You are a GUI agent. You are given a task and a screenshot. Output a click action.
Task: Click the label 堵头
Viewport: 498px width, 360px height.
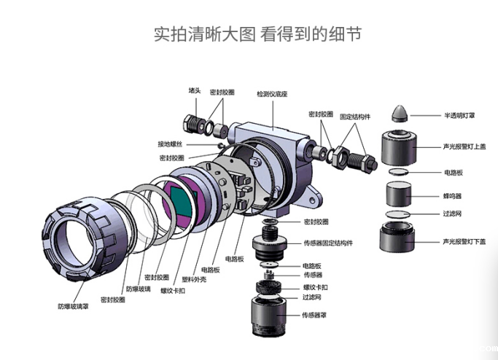[x=194, y=90]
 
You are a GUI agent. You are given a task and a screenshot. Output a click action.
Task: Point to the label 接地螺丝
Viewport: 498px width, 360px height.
[x=171, y=144]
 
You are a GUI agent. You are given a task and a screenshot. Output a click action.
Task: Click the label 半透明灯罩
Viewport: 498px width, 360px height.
[x=460, y=115]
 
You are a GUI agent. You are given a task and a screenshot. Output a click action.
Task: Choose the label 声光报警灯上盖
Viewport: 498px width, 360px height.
[x=464, y=145]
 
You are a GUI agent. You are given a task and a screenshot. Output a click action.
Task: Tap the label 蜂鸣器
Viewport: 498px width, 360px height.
[x=454, y=196]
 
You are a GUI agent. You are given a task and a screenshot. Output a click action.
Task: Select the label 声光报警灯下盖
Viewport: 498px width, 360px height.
[x=464, y=241]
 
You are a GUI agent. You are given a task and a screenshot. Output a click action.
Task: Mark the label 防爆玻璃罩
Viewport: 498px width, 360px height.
[x=74, y=306]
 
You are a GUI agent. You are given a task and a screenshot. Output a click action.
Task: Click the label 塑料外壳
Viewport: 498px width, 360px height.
[x=192, y=278]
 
